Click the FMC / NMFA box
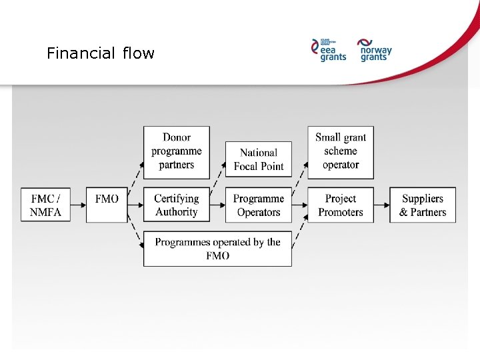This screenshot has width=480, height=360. click(45, 205)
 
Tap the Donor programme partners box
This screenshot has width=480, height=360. click(177, 151)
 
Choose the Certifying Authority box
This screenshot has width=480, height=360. click(177, 205)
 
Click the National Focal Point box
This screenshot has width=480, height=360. click(259, 159)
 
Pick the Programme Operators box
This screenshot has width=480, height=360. click(259, 205)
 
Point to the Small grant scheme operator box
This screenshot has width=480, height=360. click(341, 151)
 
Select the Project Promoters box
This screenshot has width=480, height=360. click(341, 205)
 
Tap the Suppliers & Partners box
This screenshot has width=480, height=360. click(423, 205)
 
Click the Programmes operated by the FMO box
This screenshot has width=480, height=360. click(217, 249)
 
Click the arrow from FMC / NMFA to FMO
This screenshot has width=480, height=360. click(79, 205)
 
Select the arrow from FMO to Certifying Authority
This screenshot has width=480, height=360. click(135, 205)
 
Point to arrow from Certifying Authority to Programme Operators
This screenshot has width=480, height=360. click(217, 205)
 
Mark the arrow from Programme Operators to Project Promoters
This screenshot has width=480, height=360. click(299, 205)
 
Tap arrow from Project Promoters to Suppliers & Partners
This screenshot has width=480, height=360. click(382, 205)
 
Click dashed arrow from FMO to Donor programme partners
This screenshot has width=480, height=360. click(135, 175)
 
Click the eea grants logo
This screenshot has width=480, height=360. click(329, 49)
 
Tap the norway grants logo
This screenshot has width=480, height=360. click(375, 49)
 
